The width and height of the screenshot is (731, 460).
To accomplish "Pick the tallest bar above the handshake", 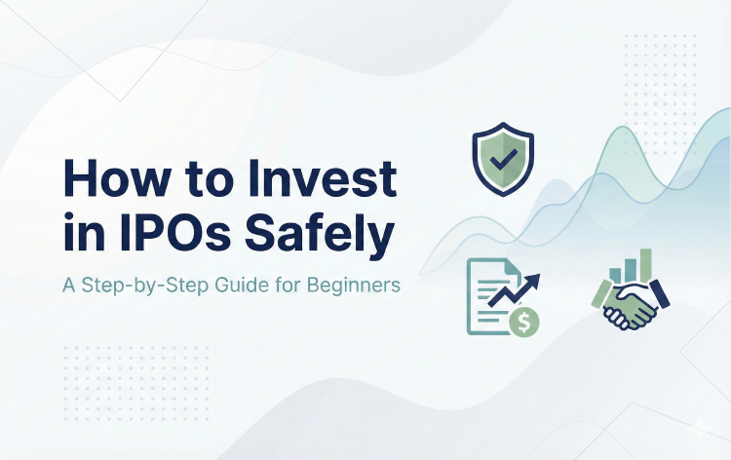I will [645, 264].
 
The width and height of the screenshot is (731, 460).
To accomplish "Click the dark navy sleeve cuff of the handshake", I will [663, 291].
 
